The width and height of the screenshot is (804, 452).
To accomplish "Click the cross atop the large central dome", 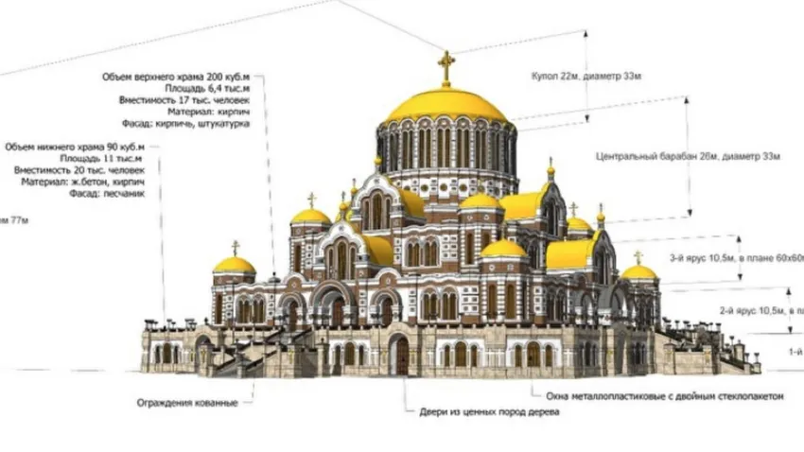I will [446, 66].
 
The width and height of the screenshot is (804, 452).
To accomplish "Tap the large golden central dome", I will [446, 104].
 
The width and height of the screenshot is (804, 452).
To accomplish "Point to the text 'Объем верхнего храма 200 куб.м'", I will [179, 75].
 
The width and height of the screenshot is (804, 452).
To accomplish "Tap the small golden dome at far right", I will [639, 272].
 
